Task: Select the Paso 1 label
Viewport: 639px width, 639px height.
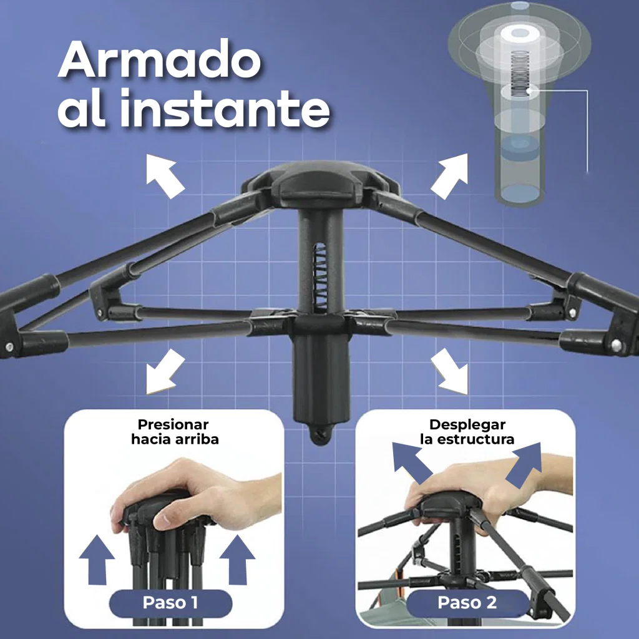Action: pos(170,602)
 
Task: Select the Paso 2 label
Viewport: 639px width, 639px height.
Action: pos(467,602)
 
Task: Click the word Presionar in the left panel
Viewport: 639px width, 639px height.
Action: pos(173,424)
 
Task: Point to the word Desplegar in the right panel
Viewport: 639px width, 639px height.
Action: pos(467,424)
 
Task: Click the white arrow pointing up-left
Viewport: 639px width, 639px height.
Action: pos(165,176)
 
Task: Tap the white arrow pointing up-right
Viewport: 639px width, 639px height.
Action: pos(449,176)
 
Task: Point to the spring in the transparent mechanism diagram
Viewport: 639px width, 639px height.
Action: pos(520,74)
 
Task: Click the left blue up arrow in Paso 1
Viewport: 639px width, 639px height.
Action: pos(97,560)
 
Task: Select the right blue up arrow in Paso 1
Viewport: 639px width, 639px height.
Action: pos(237,560)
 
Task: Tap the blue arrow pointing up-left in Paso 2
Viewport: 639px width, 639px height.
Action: pos(412,462)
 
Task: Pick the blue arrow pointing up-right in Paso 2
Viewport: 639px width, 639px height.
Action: pos(524,464)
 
